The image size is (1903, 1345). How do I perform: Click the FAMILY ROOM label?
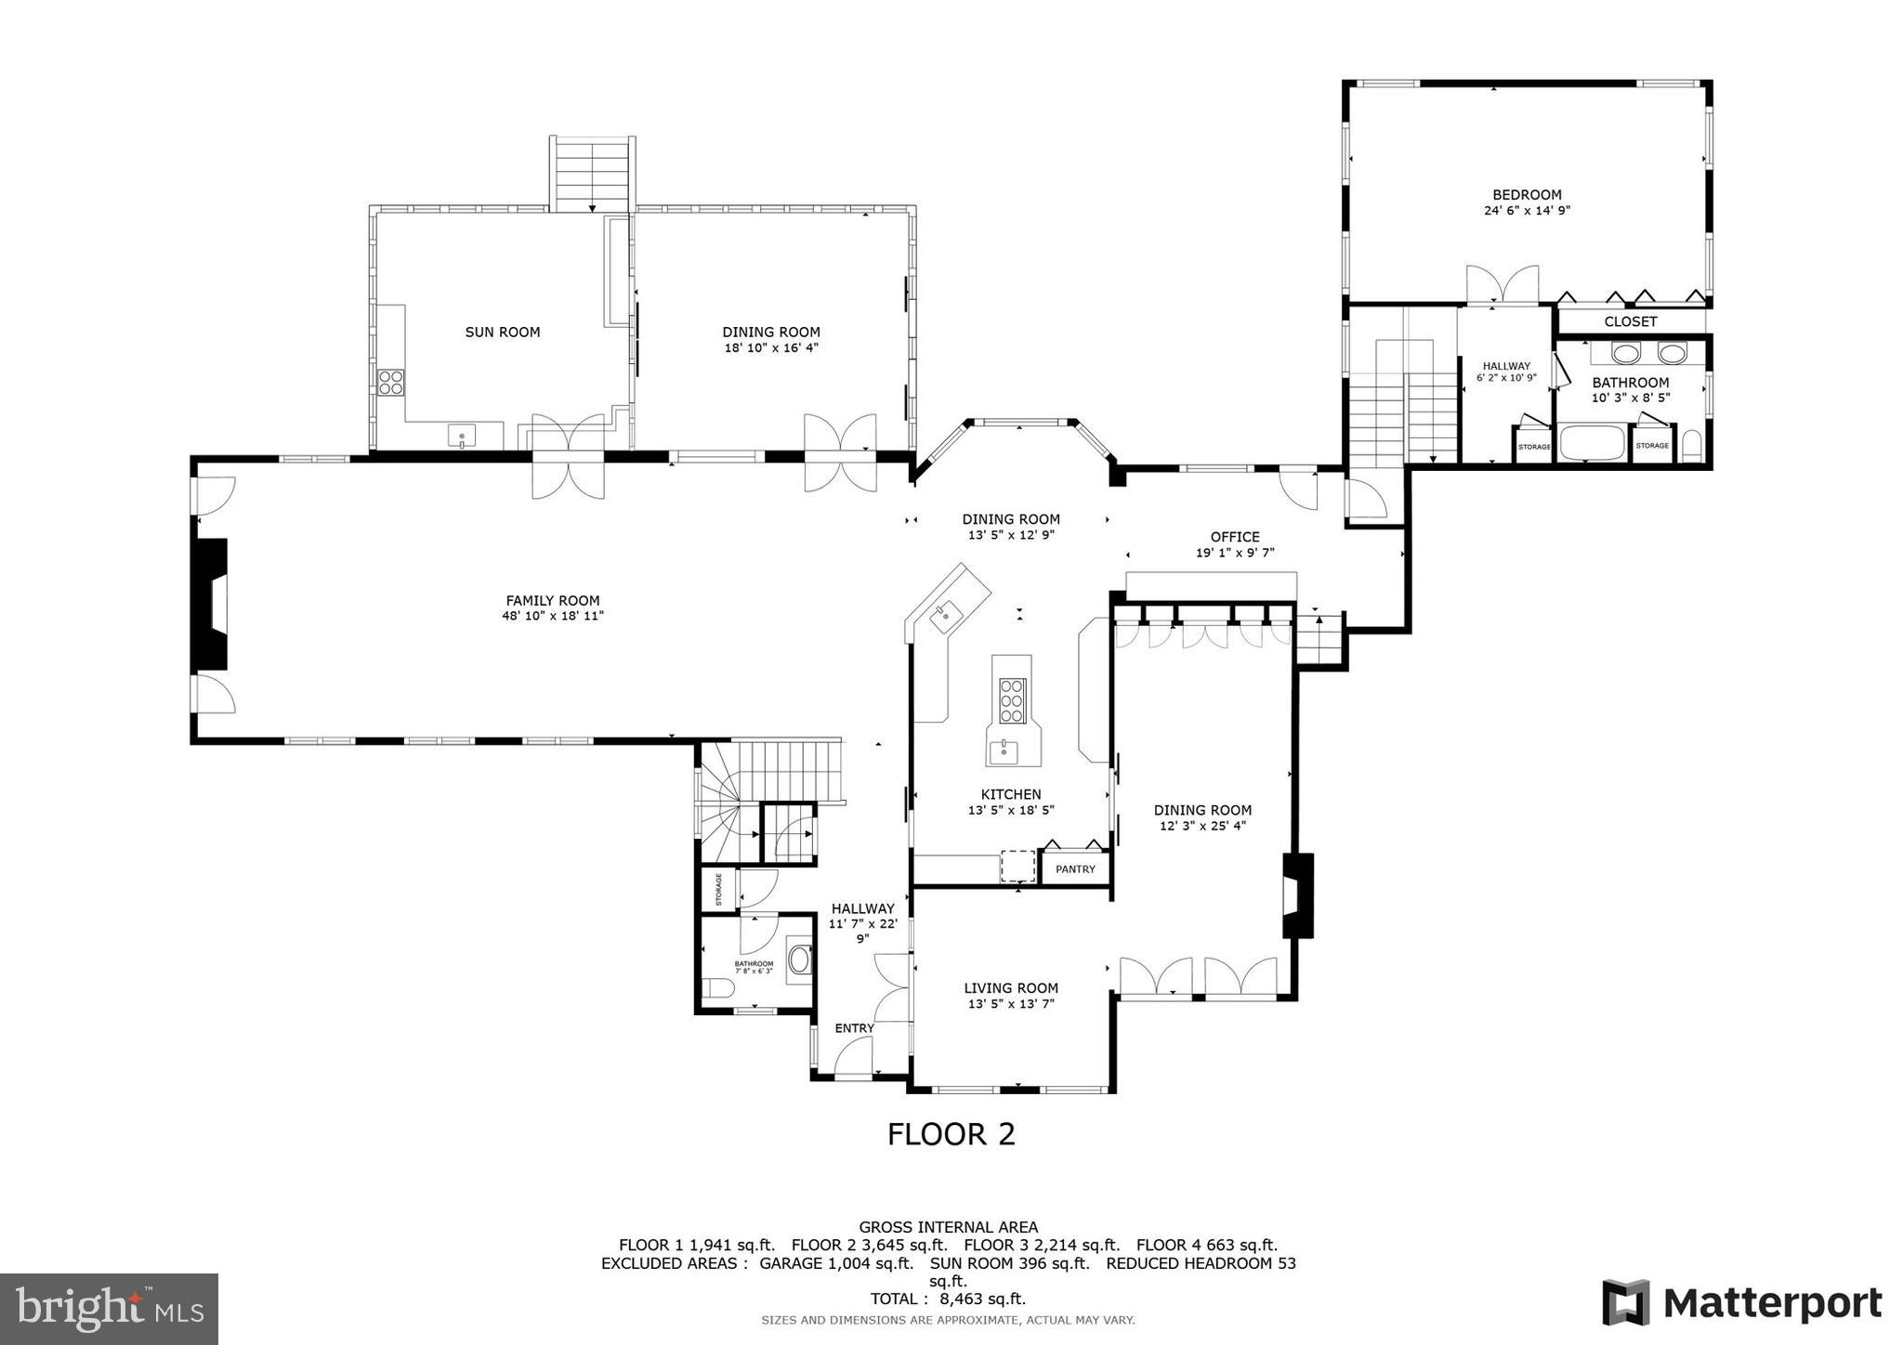[x=553, y=601]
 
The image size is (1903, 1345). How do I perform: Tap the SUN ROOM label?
[x=502, y=332]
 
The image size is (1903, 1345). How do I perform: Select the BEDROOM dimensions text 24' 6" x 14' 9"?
[x=1527, y=211]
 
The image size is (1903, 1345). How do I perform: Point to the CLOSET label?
[x=1630, y=321]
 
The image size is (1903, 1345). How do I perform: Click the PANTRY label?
[x=1075, y=869]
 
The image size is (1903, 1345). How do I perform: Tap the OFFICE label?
[x=1234, y=537]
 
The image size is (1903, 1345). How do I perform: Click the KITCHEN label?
[x=1011, y=794]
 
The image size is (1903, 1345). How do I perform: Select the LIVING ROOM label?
[x=1011, y=988]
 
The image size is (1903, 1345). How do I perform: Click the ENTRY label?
[x=854, y=1028]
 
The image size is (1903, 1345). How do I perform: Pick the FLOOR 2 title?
[x=951, y=1134]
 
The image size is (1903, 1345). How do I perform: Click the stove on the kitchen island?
[x=1012, y=700]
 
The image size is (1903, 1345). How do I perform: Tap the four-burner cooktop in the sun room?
[x=391, y=382]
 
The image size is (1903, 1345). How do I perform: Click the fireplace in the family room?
[x=211, y=604]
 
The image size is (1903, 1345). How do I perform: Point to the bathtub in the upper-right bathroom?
[x=1592, y=443]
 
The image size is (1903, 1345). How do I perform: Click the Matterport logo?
[x=1741, y=1302]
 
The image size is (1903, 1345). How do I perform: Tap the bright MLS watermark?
[x=109, y=1309]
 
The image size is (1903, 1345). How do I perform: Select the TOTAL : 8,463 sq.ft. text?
[x=948, y=1299]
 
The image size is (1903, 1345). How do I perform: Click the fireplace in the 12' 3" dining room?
[x=1298, y=895]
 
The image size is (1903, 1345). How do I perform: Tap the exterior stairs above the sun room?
[x=593, y=175]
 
